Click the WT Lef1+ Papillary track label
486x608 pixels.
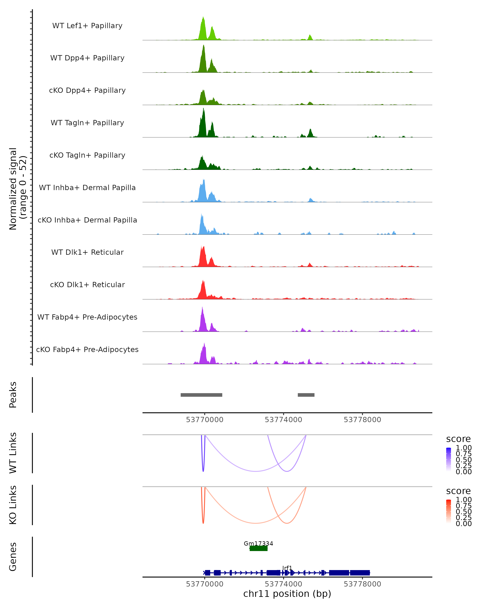[87, 26]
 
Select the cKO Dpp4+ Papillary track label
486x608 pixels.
[87, 90]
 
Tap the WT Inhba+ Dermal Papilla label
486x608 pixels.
[87, 187]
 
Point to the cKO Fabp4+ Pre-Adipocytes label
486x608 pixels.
[87, 349]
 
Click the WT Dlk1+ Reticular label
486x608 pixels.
[87, 252]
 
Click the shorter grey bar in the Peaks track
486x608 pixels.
[306, 395]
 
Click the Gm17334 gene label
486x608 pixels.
[258, 543]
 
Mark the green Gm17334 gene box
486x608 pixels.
[258, 548]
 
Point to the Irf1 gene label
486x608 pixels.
[287, 568]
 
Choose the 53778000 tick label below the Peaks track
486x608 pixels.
[362, 420]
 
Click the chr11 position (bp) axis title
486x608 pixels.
[287, 594]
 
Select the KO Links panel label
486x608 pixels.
[13, 505]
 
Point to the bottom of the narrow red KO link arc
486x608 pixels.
[203, 523]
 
